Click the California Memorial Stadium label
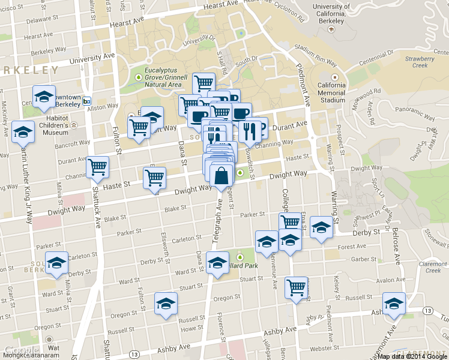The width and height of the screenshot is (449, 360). click(x=332, y=92)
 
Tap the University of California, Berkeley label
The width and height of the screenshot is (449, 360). click(x=331, y=14)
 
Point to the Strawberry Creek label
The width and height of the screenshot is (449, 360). click(x=420, y=62)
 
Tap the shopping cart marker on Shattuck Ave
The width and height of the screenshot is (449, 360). click(x=97, y=167)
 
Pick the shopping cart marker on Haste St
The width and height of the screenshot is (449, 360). click(x=154, y=178)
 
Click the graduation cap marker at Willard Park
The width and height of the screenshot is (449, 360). click(x=217, y=262)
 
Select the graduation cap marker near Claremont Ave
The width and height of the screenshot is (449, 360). click(x=394, y=304)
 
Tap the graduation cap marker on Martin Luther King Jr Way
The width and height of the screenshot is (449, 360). click(x=23, y=131)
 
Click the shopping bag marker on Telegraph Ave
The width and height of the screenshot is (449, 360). click(x=221, y=175)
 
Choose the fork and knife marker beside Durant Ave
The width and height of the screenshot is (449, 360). click(x=250, y=130)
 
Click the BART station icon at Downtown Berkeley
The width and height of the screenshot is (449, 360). click(x=87, y=101)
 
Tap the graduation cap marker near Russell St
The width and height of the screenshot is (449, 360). click(x=166, y=303)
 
